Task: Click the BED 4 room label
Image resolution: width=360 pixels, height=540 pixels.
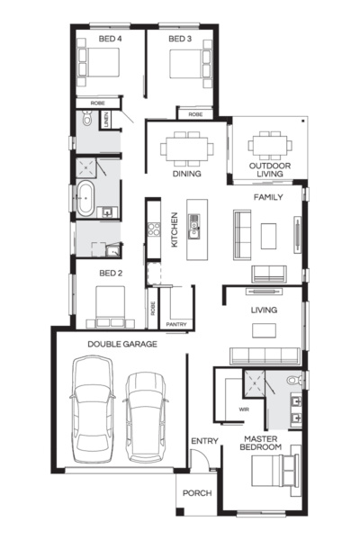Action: tap(110, 39)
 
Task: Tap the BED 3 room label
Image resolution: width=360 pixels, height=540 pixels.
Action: tap(180, 39)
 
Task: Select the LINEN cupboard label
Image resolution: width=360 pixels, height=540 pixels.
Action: tap(106, 120)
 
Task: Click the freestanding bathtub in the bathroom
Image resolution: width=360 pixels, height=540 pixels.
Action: tap(85, 199)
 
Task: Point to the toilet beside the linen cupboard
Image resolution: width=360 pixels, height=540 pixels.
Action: tap(87, 118)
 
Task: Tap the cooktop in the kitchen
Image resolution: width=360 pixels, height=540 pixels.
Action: tap(154, 229)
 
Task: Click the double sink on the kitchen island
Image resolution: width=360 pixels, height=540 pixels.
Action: tap(193, 226)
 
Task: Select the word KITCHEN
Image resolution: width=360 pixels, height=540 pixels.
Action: tap(175, 229)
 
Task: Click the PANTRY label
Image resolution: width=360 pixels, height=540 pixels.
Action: tap(176, 324)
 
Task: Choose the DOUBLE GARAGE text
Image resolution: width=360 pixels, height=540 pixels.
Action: tap(122, 344)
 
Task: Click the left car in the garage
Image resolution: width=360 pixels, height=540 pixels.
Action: tap(93, 409)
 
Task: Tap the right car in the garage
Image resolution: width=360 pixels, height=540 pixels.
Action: tap(146, 417)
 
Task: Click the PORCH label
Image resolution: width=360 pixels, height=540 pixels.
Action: tap(197, 493)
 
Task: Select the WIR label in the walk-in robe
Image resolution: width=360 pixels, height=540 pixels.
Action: tap(244, 409)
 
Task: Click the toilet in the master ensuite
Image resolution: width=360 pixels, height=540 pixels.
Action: tap(294, 380)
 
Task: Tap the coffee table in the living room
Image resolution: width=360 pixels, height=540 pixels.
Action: tap(264, 330)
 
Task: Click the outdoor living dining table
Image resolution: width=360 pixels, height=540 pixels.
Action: tap(270, 146)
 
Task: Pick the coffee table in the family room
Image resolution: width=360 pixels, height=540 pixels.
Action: tap(268, 236)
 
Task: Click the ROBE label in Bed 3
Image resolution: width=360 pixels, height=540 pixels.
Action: tap(195, 114)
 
